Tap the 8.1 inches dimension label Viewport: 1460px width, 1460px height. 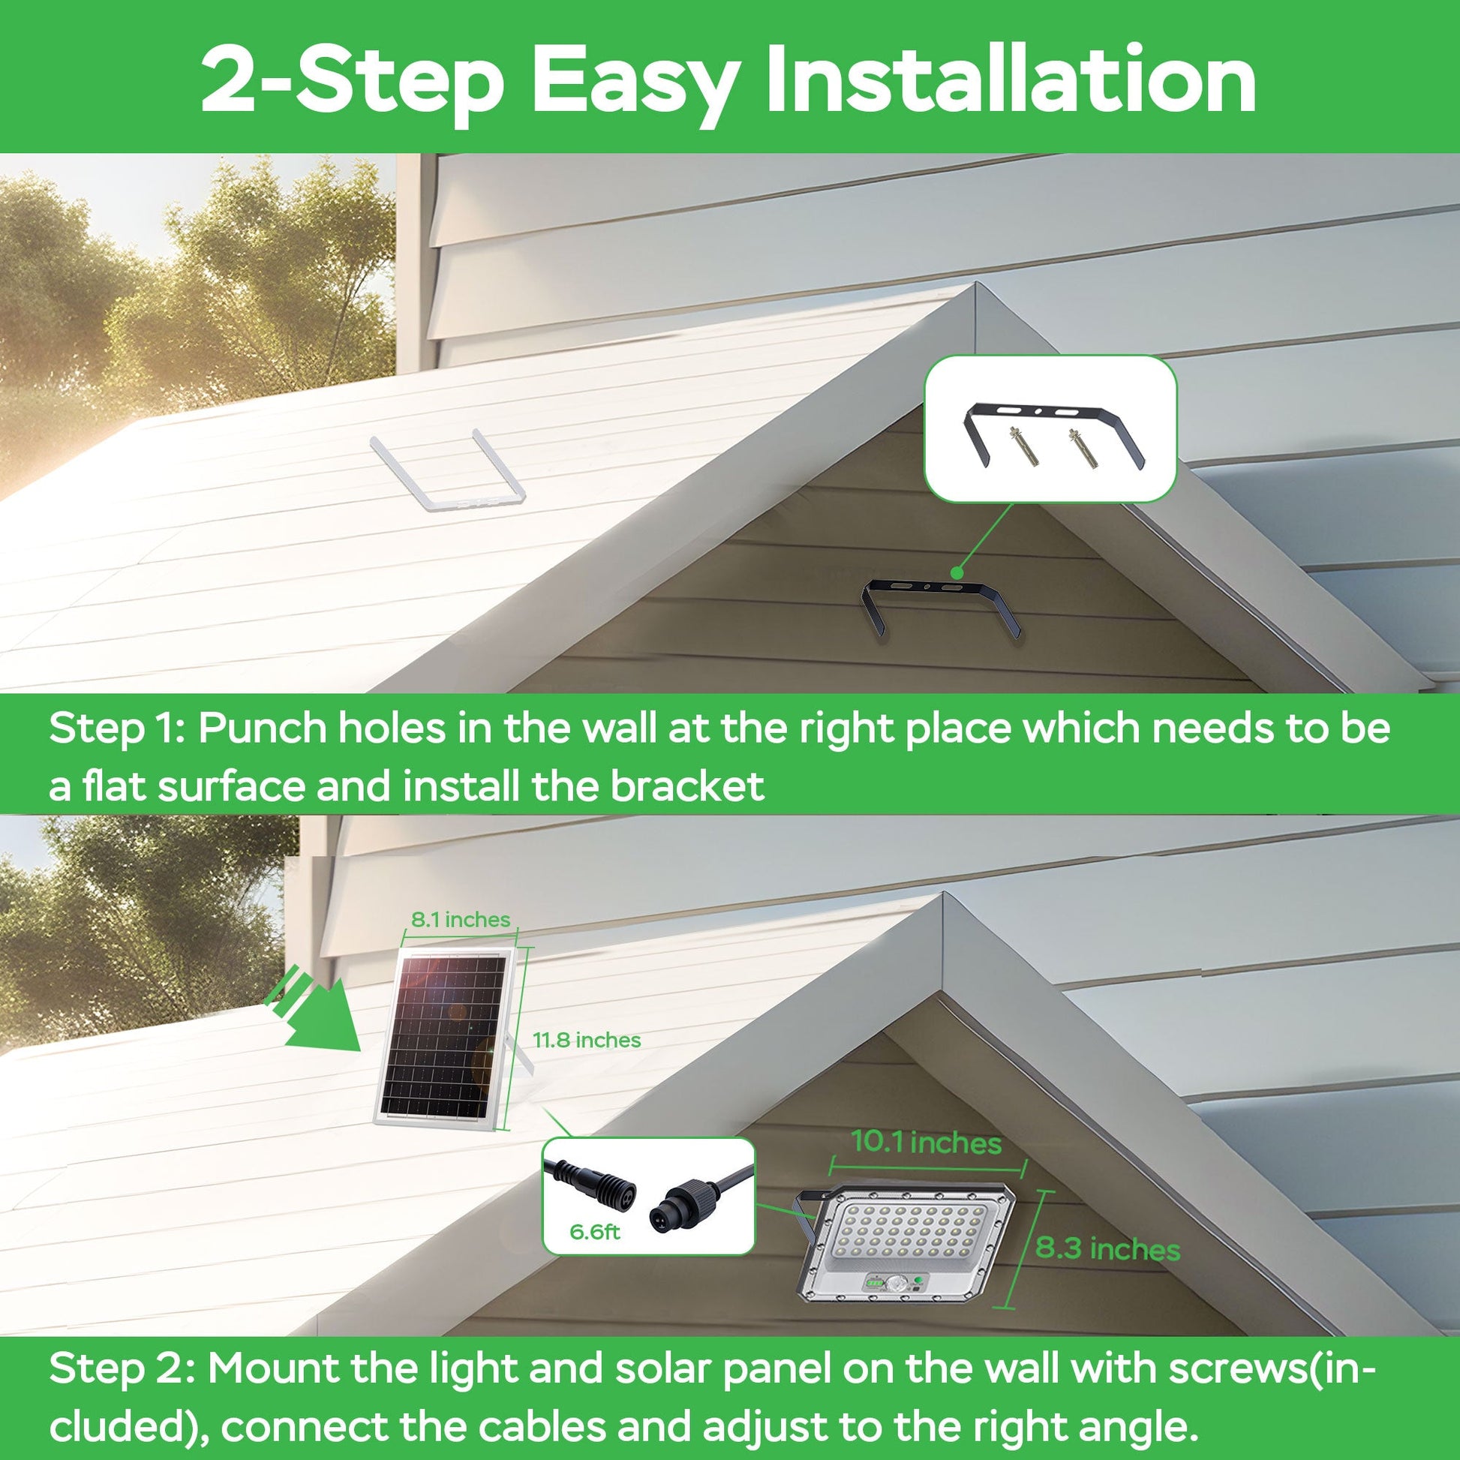pyautogui.click(x=460, y=920)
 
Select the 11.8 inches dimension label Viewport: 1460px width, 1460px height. pyautogui.click(x=587, y=1041)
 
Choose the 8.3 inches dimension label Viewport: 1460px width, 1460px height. pyautogui.click(x=1107, y=1248)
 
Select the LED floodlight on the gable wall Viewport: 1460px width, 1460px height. pyautogui.click(x=907, y=1247)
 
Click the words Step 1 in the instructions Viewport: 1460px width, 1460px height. pyautogui.click(x=116, y=728)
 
